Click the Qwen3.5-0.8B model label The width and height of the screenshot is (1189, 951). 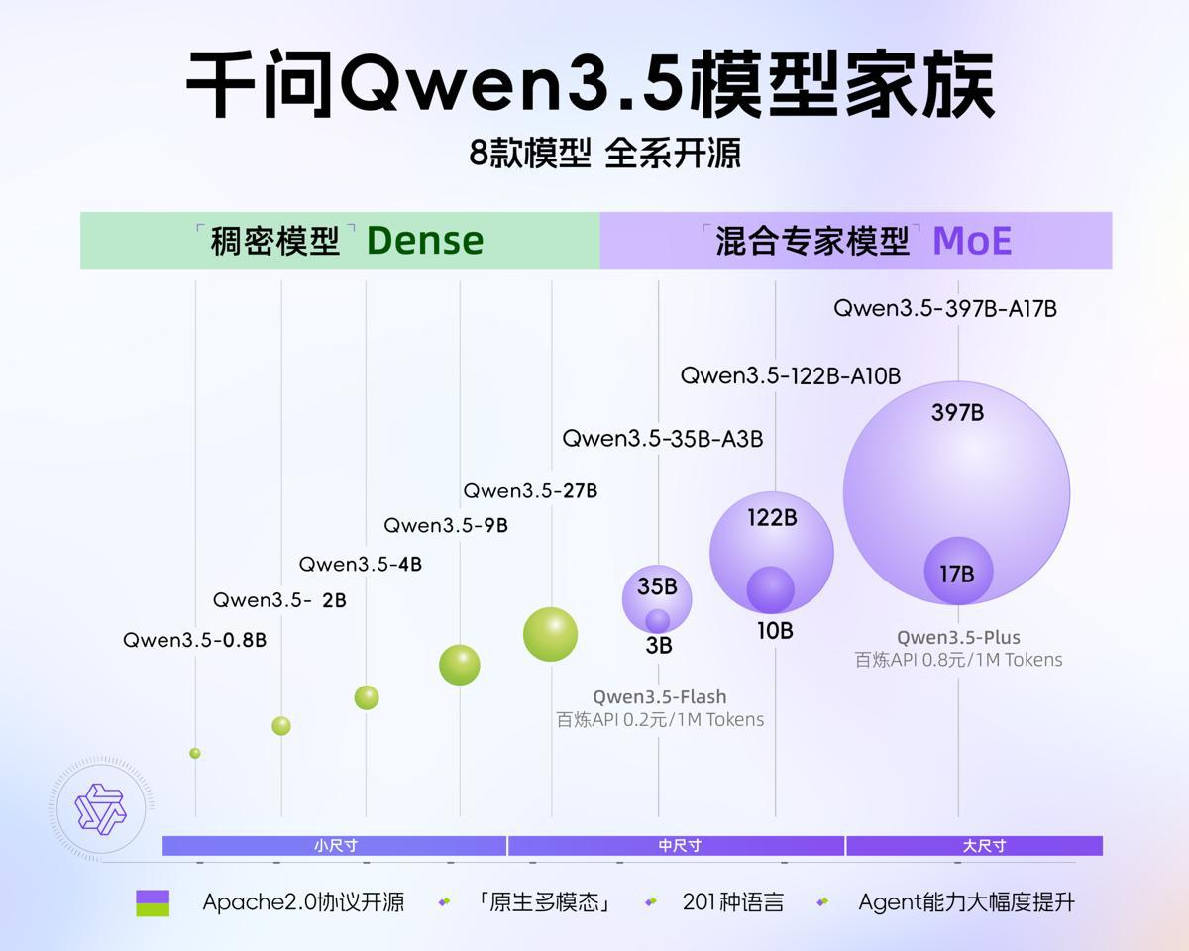point(194,640)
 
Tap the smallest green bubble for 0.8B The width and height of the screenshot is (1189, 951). point(195,753)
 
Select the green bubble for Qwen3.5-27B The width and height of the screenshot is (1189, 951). point(550,634)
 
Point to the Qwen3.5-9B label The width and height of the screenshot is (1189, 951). point(446,526)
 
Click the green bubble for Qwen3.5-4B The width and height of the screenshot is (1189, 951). point(367,697)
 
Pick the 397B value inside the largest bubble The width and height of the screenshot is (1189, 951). point(957,413)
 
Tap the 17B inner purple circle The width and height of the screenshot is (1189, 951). point(958,572)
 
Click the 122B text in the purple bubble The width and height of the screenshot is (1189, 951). point(772,518)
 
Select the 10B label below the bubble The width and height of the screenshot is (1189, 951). point(775,631)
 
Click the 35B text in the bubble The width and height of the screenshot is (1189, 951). point(657,587)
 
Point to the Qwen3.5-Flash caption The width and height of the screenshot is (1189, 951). point(660,697)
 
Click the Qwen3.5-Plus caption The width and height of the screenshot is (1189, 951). point(958,638)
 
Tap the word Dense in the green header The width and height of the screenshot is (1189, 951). point(425,241)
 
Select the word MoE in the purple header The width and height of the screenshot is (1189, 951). point(972,241)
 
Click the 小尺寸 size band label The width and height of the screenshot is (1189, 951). point(335,846)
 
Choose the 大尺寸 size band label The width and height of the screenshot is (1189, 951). point(984,846)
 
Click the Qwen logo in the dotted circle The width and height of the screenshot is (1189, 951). point(101,807)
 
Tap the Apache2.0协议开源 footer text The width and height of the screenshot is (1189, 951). point(303,902)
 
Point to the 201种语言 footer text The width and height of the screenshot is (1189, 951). point(733,902)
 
